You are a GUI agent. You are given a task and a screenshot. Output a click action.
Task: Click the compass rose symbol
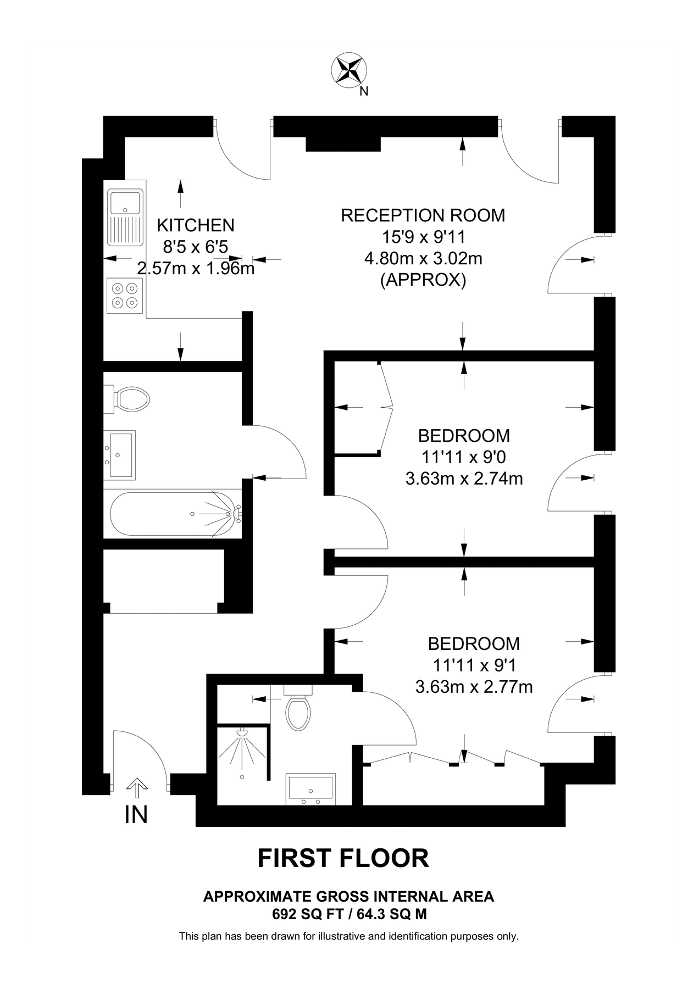tap(349, 70)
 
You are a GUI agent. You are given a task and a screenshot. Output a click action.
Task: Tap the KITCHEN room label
tap(196, 225)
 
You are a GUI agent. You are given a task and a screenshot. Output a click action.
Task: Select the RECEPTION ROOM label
tap(423, 215)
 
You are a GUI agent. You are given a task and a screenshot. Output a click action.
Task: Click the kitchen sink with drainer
tap(126, 218)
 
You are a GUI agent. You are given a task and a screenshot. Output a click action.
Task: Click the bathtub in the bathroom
tap(175, 514)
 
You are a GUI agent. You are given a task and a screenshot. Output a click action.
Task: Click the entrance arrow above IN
tap(137, 788)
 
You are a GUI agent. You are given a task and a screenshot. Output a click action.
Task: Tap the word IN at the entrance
tap(136, 814)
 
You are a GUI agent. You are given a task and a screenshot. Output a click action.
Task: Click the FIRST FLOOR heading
tap(343, 858)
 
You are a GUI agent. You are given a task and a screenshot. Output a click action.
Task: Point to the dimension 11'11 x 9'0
tap(464, 457)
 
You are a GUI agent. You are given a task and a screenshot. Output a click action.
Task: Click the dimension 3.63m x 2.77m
tap(474, 687)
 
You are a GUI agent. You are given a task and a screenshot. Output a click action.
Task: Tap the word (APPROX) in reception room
tap(423, 280)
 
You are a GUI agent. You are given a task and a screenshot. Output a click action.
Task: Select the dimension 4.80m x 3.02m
tap(423, 258)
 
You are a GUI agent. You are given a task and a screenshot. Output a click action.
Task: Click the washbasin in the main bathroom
tap(120, 455)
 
